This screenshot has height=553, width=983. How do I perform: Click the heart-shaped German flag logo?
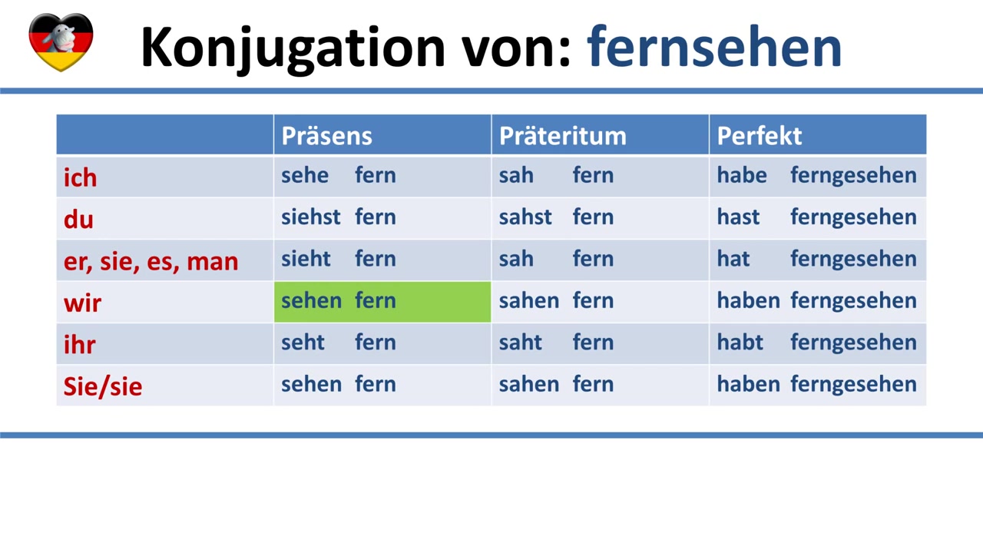point(61,42)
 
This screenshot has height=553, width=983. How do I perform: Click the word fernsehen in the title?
point(714,47)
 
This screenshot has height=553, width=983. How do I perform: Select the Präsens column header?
point(326,135)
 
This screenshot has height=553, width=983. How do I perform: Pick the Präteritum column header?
point(563,135)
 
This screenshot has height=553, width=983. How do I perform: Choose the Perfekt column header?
point(760,135)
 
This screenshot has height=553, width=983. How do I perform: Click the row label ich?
point(81,177)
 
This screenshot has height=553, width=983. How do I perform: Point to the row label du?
point(78,219)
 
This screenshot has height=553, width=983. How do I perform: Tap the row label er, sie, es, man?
point(151,262)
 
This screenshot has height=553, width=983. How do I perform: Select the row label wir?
point(82,303)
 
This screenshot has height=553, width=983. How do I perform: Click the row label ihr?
point(79,344)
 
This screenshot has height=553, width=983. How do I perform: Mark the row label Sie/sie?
point(103,386)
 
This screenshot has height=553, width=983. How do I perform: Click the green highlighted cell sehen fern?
point(382,302)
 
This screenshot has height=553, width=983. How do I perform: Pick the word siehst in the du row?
point(311,217)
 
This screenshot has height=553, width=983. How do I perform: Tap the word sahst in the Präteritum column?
point(525,217)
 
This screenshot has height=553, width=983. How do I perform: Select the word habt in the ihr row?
point(740,342)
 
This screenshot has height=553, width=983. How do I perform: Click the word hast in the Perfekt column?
point(738,217)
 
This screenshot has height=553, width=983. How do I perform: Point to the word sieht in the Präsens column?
point(306,259)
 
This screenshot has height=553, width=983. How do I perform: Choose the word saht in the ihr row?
point(521,342)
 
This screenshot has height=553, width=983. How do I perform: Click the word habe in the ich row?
point(742,175)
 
